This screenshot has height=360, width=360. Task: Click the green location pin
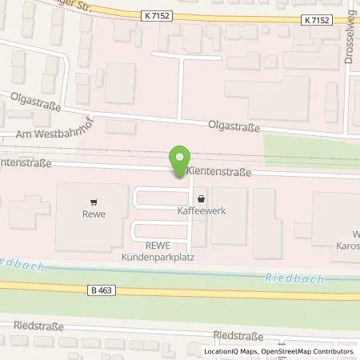coord(181,158)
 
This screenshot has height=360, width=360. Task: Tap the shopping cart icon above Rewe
coord(95,202)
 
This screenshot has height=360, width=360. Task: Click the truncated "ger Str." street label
coord(89,4)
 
